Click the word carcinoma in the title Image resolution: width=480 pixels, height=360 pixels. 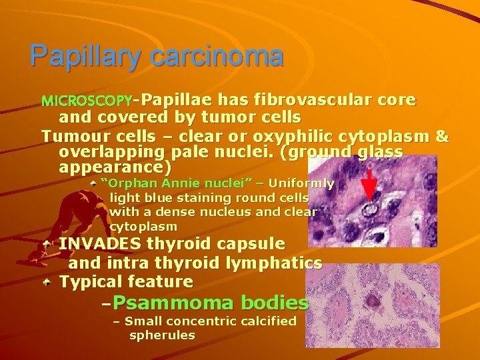217,56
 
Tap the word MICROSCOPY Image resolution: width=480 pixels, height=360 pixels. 86,102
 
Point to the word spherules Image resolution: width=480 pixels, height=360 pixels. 162,335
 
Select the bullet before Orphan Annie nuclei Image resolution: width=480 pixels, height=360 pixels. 93,182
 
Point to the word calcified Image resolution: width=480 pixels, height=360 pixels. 268,321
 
